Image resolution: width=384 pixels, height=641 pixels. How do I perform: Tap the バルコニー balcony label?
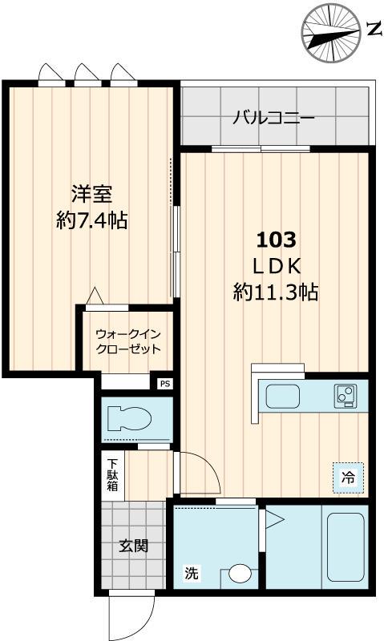click(273, 119)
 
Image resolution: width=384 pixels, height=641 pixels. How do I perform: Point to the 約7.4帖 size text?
click(91, 220)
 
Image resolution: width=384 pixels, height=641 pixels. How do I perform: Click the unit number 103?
click(276, 239)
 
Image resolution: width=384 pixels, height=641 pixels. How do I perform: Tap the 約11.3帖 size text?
click(276, 292)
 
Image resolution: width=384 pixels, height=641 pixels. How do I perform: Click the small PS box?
click(165, 384)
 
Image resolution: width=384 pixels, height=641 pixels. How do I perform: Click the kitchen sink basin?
click(282, 396)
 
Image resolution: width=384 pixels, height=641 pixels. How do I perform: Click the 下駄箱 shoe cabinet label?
click(113, 474)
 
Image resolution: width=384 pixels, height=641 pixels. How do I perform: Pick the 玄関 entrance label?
click(132, 547)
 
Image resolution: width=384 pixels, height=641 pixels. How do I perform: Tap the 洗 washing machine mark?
click(191, 573)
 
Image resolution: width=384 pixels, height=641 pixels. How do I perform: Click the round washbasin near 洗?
click(238, 574)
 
